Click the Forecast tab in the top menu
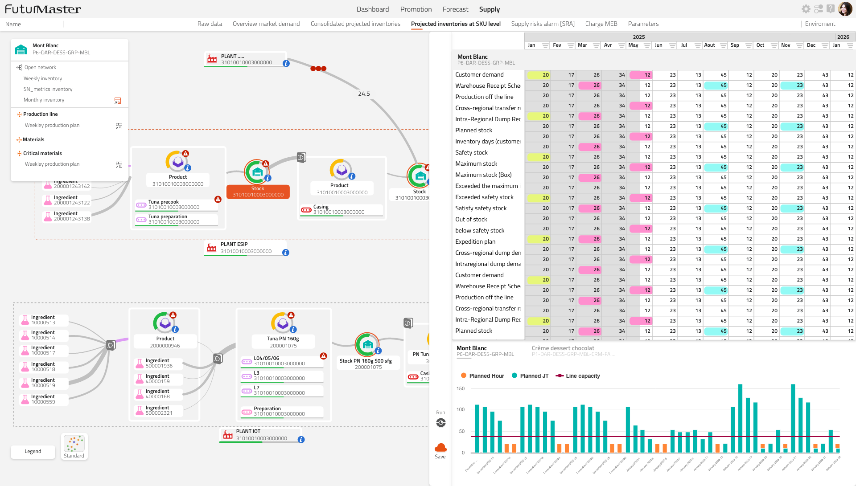click(x=455, y=9)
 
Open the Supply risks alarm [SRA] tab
click(x=543, y=24)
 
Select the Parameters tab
click(x=643, y=24)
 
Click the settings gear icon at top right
click(x=806, y=9)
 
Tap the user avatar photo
click(x=845, y=9)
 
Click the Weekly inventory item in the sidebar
click(x=43, y=78)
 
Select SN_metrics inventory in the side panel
click(x=48, y=89)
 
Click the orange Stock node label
click(x=258, y=192)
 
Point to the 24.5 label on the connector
click(x=364, y=94)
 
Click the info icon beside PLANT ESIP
click(x=286, y=253)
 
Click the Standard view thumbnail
click(x=74, y=446)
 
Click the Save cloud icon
click(x=440, y=448)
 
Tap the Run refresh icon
click(x=441, y=423)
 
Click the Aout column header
click(x=709, y=45)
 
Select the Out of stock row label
click(x=471, y=220)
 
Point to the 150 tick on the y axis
click(x=461, y=389)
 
